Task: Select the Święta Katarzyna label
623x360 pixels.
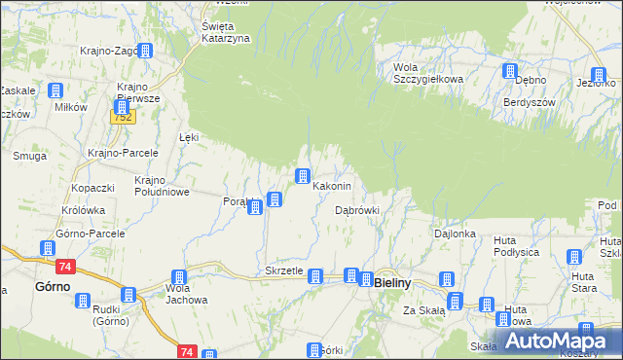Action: (226, 32)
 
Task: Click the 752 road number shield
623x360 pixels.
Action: (122, 117)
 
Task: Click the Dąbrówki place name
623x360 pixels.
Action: (356, 209)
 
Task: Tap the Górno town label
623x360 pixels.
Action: (52, 287)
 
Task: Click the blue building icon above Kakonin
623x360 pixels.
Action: (303, 176)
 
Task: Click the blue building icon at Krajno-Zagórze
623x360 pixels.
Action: (145, 51)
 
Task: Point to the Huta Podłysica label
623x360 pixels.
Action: (516, 246)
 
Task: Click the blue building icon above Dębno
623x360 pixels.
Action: (509, 71)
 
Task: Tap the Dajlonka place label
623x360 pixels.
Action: (455, 234)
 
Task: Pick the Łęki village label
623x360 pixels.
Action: (189, 138)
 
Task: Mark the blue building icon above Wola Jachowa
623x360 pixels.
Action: (179, 277)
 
